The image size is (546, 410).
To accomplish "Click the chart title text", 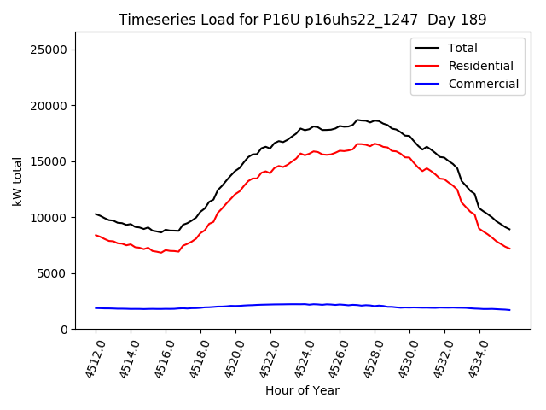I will click(x=302, y=19).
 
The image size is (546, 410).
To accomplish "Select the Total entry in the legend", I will click(x=463, y=49).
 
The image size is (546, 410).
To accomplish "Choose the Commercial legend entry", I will click(x=484, y=84).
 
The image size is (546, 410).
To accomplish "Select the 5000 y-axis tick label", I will click(x=54, y=273).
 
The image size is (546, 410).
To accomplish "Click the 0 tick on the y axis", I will click(x=64, y=330).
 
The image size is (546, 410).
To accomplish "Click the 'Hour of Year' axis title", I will click(x=302, y=390).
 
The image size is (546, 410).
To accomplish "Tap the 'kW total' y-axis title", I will click(x=17, y=181).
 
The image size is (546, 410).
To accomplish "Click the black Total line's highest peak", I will click(x=358, y=120).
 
